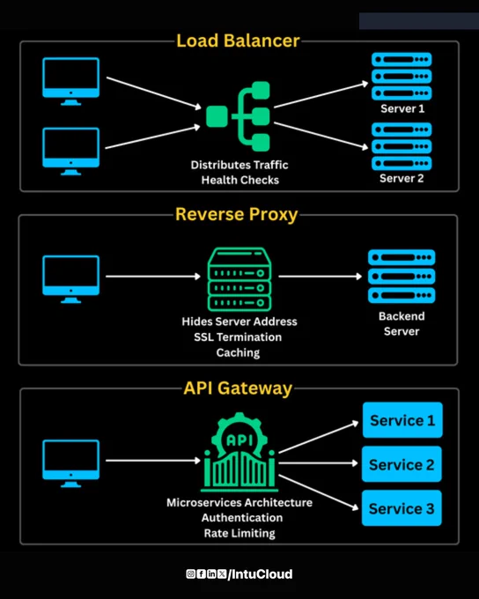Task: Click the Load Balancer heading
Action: pos(238,41)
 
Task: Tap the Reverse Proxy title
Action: pos(237,214)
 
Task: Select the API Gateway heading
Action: pos(238,388)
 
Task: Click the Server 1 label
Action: pos(402,108)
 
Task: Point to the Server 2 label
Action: pos(402,179)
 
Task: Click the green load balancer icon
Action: pos(238,116)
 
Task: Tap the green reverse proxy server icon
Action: pos(239,279)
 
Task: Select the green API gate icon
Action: pos(239,452)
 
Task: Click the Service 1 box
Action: pos(402,420)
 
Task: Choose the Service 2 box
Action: pos(402,464)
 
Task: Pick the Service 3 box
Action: pos(402,508)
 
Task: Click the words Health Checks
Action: pos(240,180)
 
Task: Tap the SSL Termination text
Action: pos(238,336)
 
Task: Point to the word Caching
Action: pos(238,352)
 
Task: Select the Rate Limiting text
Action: pos(239,533)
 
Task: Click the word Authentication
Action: pos(242,518)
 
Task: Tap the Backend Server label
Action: pos(402,323)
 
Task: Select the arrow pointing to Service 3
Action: pos(319,492)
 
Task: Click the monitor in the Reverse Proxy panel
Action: pos(71,279)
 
